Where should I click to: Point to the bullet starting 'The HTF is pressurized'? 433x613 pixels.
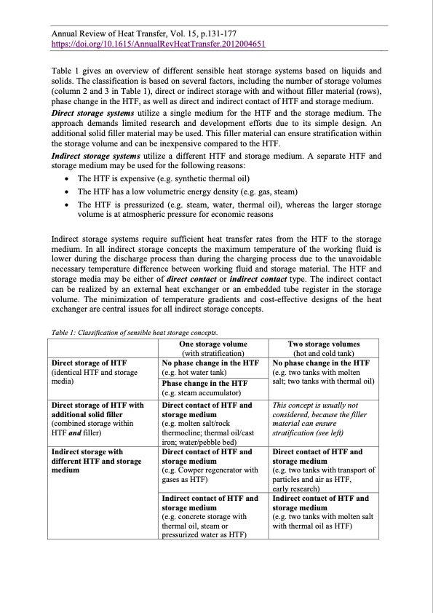coord(229,205)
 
